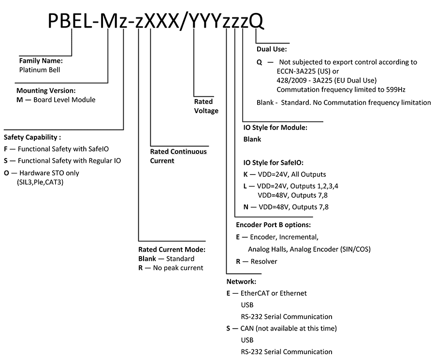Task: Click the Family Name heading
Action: pyautogui.click(x=41, y=61)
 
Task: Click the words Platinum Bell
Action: pyautogui.click(x=39, y=70)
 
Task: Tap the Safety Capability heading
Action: pyautogui.click(x=32, y=137)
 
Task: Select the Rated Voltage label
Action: pyautogui.click(x=206, y=106)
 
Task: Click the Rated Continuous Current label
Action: pyautogui.click(x=178, y=156)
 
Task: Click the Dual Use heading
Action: pyautogui.click(x=272, y=49)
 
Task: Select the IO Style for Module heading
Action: pyautogui.click(x=275, y=128)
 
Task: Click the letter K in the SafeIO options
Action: pyautogui.click(x=246, y=174)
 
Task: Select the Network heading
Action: pyautogui.click(x=241, y=281)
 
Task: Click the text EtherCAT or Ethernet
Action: pyautogui.click(x=274, y=293)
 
